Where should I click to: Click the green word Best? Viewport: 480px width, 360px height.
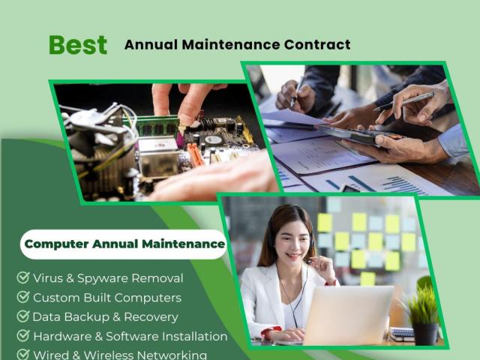click(x=78, y=45)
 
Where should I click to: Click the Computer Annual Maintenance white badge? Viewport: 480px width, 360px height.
click(x=124, y=244)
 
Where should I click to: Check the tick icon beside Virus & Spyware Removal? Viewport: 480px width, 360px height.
click(x=23, y=277)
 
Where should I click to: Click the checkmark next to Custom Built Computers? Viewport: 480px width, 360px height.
click(x=23, y=297)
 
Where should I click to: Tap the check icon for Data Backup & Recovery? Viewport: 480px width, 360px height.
click(x=23, y=316)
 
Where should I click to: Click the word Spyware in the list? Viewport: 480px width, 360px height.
click(x=102, y=278)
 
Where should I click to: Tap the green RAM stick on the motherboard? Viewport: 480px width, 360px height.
click(x=151, y=125)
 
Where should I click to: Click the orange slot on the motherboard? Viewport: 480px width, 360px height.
click(x=195, y=155)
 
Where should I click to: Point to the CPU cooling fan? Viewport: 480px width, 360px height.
click(x=98, y=144)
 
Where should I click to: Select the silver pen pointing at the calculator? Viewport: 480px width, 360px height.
click(x=404, y=101)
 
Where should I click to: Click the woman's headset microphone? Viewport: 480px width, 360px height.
click(x=310, y=261)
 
